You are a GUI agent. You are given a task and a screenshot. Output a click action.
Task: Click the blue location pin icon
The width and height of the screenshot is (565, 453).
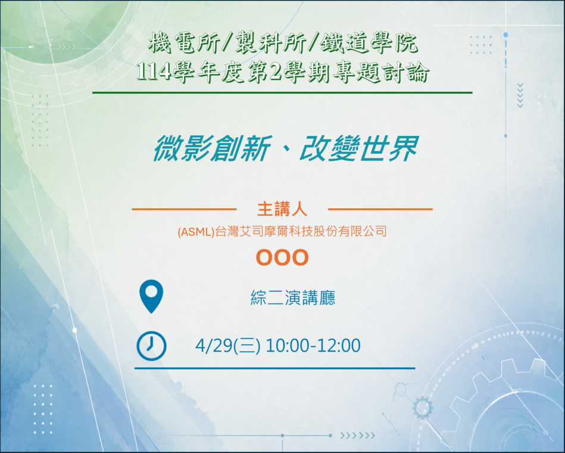[x=151, y=296]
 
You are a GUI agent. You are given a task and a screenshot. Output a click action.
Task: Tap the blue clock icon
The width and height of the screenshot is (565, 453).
[x=151, y=346]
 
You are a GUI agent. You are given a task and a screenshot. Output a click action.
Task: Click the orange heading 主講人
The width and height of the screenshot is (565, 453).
[x=282, y=209]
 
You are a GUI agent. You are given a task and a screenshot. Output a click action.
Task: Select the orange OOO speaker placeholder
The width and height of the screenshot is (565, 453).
[x=282, y=257]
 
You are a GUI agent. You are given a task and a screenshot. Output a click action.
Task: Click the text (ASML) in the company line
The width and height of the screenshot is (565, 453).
[x=196, y=231]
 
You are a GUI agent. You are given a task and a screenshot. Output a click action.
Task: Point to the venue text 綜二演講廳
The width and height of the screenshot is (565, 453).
[x=293, y=298]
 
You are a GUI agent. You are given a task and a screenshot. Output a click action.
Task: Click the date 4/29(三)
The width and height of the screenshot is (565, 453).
[x=228, y=346]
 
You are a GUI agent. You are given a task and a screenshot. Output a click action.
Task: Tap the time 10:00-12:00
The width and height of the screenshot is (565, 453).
[x=313, y=346]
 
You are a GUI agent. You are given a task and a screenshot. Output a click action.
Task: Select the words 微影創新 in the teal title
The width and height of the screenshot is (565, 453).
[x=212, y=148]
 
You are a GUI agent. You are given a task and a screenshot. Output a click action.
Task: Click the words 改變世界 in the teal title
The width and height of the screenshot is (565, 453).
[x=359, y=148]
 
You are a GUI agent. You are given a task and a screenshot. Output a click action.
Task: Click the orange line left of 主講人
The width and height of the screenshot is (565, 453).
[x=184, y=209]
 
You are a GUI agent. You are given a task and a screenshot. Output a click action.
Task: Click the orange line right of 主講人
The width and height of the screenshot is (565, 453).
[x=380, y=209]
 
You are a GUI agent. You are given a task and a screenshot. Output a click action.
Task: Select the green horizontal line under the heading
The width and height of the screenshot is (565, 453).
[x=282, y=93]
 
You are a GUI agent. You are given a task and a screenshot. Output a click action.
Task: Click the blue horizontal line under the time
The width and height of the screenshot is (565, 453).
[x=275, y=368]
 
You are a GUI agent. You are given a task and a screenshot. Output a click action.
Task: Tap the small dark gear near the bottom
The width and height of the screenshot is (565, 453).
[x=422, y=408]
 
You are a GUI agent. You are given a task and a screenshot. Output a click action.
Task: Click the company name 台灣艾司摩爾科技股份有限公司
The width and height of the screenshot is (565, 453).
[x=301, y=231]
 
